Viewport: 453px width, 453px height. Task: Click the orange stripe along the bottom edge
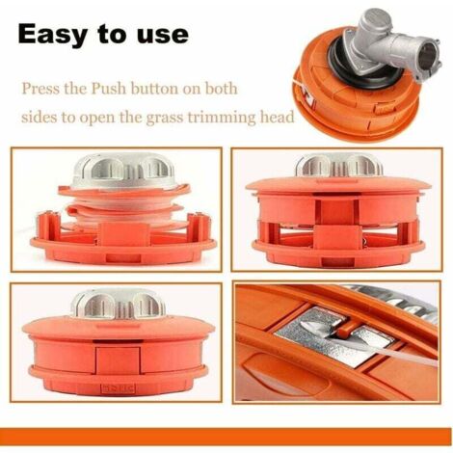[226, 437]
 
